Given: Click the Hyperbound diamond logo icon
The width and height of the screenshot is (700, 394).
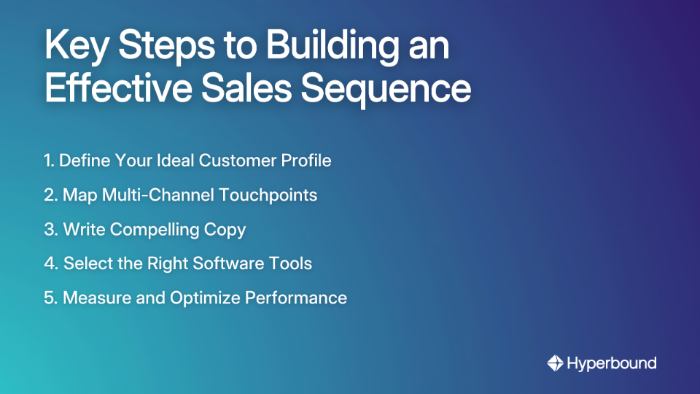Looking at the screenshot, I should click(556, 363).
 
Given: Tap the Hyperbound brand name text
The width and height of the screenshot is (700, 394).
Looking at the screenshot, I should click(612, 363).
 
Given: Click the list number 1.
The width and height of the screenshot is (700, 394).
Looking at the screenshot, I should click(48, 161).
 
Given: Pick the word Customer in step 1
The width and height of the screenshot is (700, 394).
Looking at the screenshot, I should click(240, 161).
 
